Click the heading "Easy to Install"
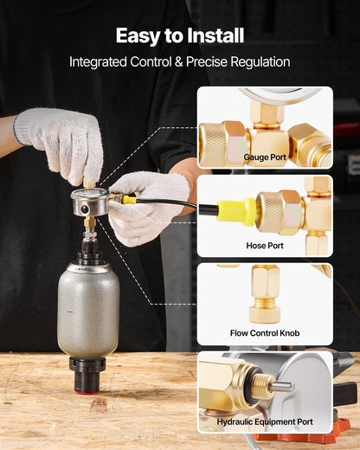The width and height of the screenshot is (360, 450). click(x=180, y=35)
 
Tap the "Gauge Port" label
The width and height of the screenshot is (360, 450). click(x=265, y=157)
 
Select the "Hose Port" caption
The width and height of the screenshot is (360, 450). click(x=265, y=245)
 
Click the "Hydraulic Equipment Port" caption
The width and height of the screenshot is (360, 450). click(x=265, y=421)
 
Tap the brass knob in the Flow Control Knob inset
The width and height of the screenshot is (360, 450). click(x=264, y=306)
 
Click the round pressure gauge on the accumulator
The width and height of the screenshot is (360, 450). click(x=90, y=198)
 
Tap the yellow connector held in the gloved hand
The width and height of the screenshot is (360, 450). click(x=127, y=199)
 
